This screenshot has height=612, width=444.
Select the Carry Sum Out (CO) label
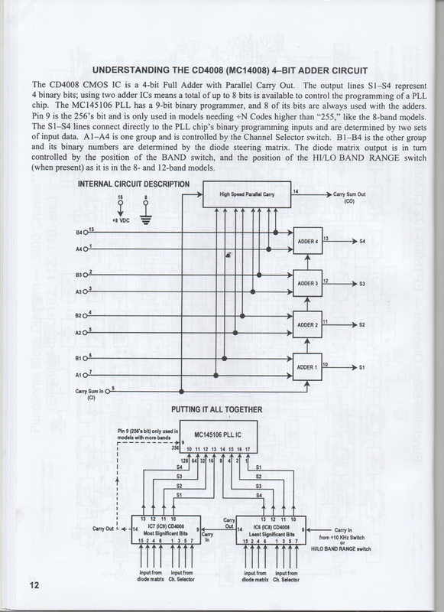pos(350,197)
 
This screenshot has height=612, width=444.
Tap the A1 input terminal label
pos(79,375)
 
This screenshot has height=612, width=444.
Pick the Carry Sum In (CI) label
pos(90,395)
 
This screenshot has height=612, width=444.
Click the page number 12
pos(34,585)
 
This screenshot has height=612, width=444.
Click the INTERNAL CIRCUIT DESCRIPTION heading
pos(134,184)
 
